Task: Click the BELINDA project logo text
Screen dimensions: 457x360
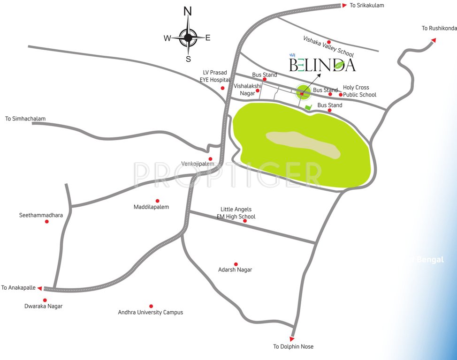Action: click(322, 65)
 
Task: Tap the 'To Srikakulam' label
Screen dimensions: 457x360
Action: click(367, 5)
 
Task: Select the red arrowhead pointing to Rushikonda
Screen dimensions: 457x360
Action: click(434, 40)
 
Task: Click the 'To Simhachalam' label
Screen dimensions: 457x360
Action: click(25, 119)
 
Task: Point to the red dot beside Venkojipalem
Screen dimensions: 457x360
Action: click(210, 159)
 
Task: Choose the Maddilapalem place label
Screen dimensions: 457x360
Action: click(151, 207)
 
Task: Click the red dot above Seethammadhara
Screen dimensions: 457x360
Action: click(46, 221)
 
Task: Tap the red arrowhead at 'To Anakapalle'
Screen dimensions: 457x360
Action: click(40, 288)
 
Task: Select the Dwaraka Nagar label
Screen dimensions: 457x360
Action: click(43, 306)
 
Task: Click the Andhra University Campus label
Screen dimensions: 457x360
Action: click(151, 312)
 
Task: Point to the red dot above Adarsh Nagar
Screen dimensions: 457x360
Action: click(236, 264)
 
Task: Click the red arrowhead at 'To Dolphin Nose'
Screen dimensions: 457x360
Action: click(292, 338)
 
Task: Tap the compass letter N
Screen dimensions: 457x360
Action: click(188, 11)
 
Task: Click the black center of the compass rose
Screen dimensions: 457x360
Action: click(188, 37)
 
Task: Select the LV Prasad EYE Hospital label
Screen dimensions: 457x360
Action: click(214, 76)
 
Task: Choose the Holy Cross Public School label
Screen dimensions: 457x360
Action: click(359, 91)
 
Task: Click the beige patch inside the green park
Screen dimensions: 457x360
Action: click(303, 144)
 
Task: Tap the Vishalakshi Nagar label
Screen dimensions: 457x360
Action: click(247, 90)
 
